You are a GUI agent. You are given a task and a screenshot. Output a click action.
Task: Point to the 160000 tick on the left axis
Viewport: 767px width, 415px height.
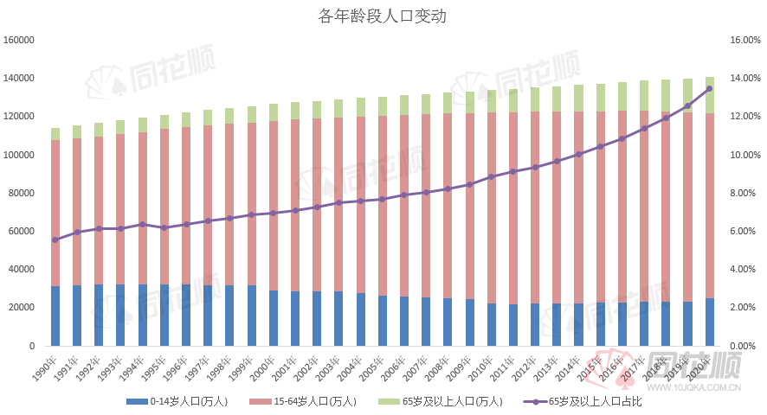[18, 40]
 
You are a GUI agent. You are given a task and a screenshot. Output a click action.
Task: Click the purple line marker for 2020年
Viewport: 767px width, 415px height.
[709, 89]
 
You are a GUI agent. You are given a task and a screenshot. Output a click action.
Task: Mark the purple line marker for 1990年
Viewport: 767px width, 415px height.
[55, 239]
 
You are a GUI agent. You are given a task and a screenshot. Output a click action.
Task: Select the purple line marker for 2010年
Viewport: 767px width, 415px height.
[491, 176]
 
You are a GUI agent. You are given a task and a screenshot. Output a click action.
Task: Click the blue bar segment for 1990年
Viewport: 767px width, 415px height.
[55, 316]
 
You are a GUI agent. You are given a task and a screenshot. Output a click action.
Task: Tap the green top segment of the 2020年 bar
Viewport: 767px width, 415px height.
[709, 95]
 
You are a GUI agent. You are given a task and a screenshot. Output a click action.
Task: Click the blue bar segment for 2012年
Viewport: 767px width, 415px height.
[535, 324]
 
